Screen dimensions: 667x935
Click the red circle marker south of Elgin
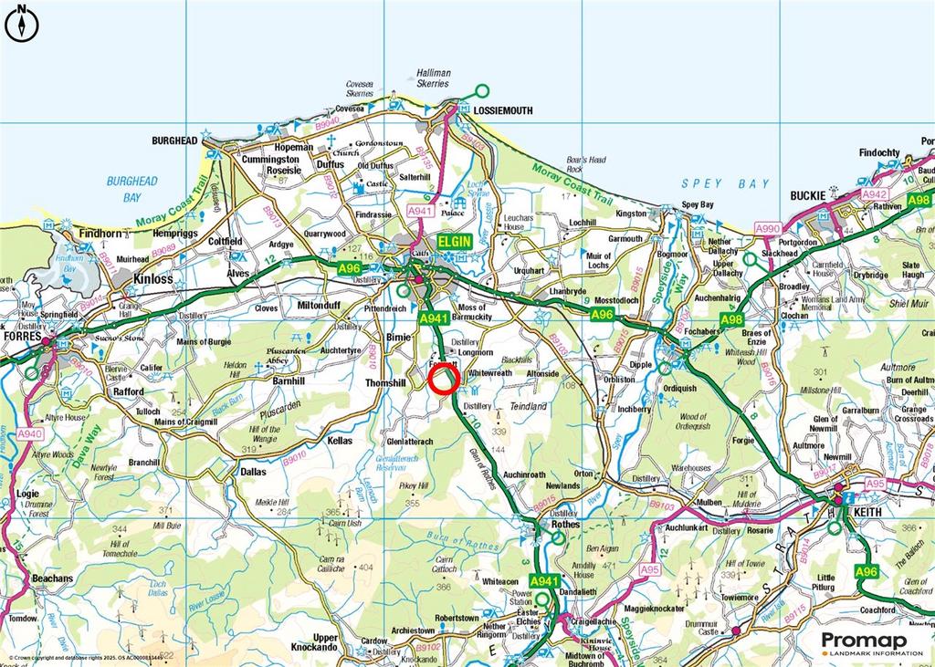coord(443,378)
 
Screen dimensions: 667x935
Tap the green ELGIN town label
coord(454,241)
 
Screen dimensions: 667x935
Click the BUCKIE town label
coord(808,196)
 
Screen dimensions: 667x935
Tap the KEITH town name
coord(867,514)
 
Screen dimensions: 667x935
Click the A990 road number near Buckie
coord(768,227)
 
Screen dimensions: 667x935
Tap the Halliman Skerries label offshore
coord(433,78)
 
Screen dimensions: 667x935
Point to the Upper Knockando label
coord(325,643)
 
